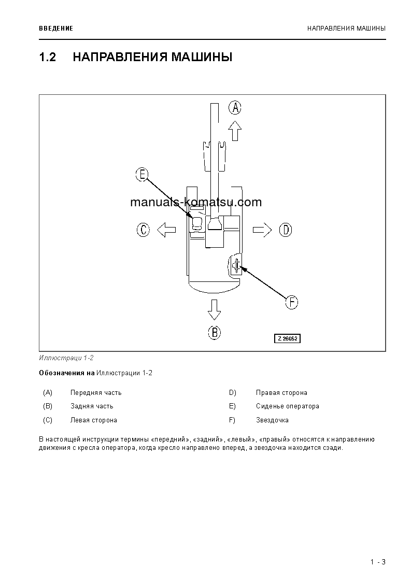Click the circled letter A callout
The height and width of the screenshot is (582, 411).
click(235, 108)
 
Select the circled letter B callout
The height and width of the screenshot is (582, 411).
click(215, 332)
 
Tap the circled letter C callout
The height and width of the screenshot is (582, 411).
click(144, 230)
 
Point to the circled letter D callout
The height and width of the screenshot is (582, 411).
click(286, 230)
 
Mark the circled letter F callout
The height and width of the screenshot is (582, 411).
click(292, 302)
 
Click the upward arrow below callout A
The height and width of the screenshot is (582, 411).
click(235, 131)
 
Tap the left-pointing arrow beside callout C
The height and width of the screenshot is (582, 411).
click(166, 230)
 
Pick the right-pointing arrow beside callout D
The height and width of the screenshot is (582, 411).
click(262, 230)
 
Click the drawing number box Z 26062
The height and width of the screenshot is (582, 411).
click(288, 338)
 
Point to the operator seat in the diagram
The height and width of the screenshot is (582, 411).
click(197, 223)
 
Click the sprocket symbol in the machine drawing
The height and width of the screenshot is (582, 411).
click(236, 266)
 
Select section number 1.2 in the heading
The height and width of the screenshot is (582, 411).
click(47, 57)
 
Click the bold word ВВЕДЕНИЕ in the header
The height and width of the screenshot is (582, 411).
click(56, 29)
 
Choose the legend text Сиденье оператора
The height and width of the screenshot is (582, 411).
click(287, 406)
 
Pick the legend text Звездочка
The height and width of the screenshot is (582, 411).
click(272, 420)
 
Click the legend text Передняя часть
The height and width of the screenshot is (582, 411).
click(96, 393)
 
